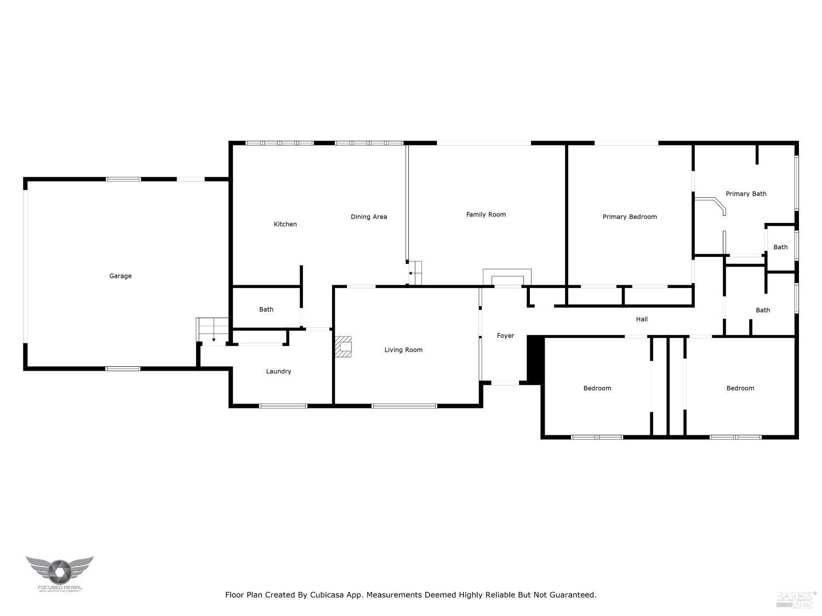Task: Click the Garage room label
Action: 120,276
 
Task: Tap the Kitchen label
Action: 285,224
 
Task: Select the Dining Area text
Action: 368,217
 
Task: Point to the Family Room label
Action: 486,215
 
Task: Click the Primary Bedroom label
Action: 629,217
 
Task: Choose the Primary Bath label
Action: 745,194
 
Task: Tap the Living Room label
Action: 403,350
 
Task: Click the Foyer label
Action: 505,336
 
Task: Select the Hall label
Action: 641,319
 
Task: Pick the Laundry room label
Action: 278,371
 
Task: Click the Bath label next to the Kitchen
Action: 266,309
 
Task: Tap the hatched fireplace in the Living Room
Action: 344,347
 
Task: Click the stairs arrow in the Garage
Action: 214,339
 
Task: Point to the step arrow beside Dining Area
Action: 410,273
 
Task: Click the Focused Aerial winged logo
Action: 59,571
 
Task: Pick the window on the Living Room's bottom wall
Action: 404,406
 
